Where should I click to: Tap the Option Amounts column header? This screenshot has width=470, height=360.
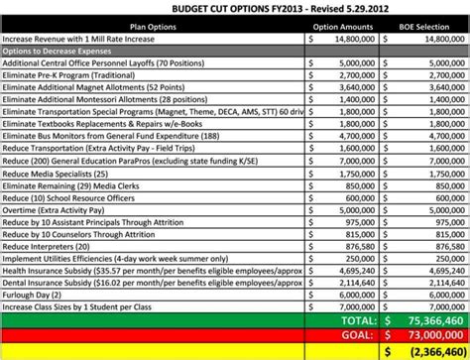343,27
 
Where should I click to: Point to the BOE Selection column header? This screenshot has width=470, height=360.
424,27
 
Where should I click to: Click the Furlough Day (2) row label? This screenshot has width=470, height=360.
32,294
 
